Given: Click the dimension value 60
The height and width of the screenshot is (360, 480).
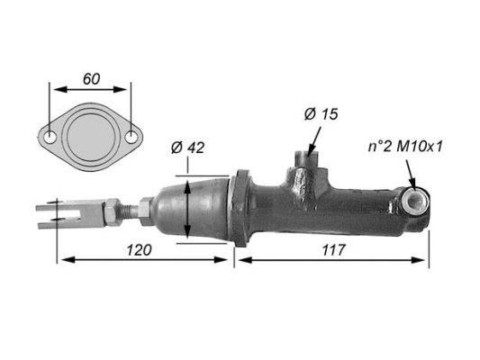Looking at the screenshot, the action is (x=91, y=79).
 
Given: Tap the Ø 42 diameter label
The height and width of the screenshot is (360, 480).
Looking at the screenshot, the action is (x=187, y=148).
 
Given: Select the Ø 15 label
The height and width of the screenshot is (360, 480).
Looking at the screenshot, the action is (x=321, y=114).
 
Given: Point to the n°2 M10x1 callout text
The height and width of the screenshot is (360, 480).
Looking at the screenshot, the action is (x=405, y=147).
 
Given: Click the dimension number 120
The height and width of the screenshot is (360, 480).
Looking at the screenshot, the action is (x=139, y=250).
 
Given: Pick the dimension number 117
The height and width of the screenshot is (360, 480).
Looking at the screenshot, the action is (x=333, y=250).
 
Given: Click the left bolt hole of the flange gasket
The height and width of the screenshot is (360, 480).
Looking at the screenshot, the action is (x=50, y=138).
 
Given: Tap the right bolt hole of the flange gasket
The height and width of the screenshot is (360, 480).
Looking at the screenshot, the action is (x=131, y=137).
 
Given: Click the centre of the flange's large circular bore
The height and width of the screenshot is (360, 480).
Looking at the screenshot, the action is (x=91, y=137).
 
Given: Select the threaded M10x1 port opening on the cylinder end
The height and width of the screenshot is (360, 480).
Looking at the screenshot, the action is (x=415, y=202).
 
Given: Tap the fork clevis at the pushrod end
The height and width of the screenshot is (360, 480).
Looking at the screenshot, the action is (x=70, y=214).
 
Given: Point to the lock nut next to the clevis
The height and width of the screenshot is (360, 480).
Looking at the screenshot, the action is (x=112, y=212).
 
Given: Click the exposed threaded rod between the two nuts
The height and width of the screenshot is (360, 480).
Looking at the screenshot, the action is (x=130, y=211).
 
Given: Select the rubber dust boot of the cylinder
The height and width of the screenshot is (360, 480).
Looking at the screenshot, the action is (x=193, y=209).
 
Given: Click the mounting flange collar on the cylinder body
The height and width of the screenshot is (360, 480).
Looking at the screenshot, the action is (x=241, y=208).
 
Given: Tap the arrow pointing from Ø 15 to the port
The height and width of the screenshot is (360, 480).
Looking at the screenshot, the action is (x=314, y=141).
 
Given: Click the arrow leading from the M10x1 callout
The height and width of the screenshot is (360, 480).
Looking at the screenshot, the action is (x=411, y=174).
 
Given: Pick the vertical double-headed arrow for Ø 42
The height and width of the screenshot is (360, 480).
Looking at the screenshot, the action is (x=187, y=209).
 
